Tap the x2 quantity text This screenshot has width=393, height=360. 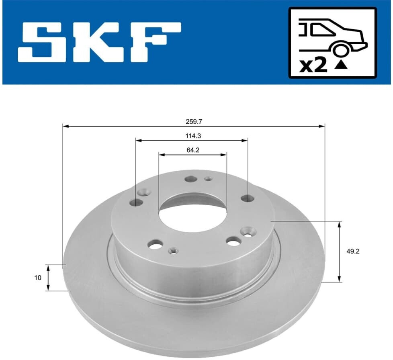[x=313, y=66]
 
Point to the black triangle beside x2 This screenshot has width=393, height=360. [x=341, y=65]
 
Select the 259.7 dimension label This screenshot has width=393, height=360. [x=194, y=122]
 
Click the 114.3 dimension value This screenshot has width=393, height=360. [x=193, y=136]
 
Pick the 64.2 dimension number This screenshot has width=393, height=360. [x=193, y=150]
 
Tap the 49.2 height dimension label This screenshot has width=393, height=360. [x=353, y=251]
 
